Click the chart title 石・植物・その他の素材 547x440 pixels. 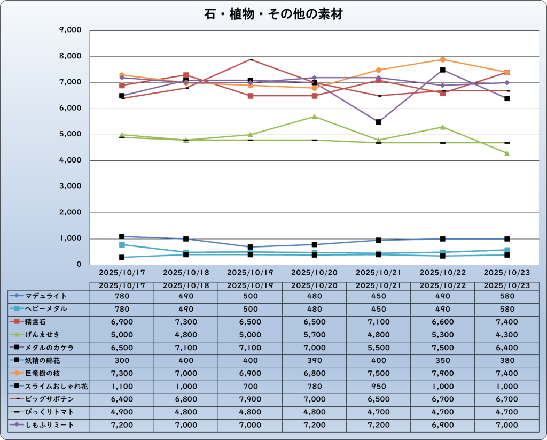click(273, 14)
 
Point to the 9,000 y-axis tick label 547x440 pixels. click(70, 30)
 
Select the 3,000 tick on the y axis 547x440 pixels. click(70, 187)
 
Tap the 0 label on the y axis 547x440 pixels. click(79, 265)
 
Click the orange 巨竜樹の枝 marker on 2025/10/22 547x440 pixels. click(443, 59)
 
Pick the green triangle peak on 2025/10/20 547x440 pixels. click(315, 117)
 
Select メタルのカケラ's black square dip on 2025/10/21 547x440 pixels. click(379, 122)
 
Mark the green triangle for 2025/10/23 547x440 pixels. click(507, 153)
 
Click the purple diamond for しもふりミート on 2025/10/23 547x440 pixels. click(507, 83)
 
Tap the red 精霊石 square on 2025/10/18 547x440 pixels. click(186, 75)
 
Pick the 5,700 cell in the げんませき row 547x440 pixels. click(314, 335)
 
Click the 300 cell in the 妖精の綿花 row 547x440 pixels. click(122, 360)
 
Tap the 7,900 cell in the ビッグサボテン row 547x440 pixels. click(250, 399)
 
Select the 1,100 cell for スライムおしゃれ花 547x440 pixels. click(122, 387)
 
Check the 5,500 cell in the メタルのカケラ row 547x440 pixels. click(378, 348)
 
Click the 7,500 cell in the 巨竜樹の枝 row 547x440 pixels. click(378, 374)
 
